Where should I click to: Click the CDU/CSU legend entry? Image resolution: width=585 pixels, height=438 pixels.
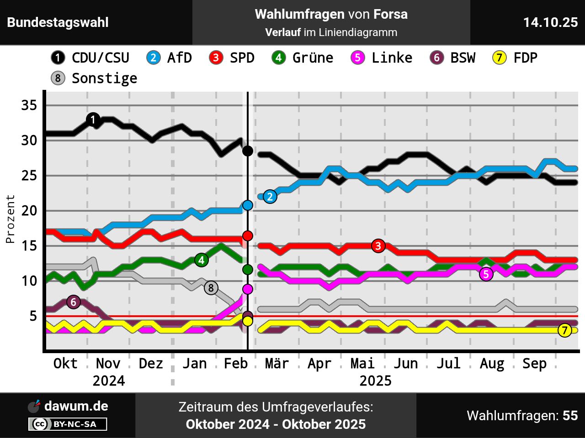90,58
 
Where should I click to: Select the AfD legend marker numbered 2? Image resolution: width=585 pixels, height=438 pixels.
153,58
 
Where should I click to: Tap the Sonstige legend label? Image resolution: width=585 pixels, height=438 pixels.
104,78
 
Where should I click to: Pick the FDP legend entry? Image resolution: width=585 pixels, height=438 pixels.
515,58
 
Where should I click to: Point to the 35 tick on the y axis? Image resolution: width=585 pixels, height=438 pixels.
29,105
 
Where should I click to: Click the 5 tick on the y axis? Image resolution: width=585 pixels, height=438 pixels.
33,316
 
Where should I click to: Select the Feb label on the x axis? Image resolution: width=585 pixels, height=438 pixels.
235,364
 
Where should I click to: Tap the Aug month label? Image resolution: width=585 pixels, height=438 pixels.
492,364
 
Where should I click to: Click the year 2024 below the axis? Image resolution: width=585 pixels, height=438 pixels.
109,381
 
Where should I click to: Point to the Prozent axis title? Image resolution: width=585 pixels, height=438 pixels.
10,219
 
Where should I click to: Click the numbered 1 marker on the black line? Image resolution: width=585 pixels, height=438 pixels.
93,120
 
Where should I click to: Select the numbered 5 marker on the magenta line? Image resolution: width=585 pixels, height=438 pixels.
486,274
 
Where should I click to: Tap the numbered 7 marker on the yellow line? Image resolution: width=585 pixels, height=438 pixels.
565,330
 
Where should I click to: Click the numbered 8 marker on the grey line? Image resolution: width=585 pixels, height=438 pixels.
211,288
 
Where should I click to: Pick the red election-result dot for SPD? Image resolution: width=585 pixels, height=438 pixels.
248,236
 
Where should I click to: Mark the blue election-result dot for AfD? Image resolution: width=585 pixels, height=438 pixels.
248,205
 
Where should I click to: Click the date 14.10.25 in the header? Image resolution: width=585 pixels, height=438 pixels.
550,22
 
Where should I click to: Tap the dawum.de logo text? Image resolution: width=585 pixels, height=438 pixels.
76,406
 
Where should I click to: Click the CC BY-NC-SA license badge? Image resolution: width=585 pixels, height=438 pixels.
68,424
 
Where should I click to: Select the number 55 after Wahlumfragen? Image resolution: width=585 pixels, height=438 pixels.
570,416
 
